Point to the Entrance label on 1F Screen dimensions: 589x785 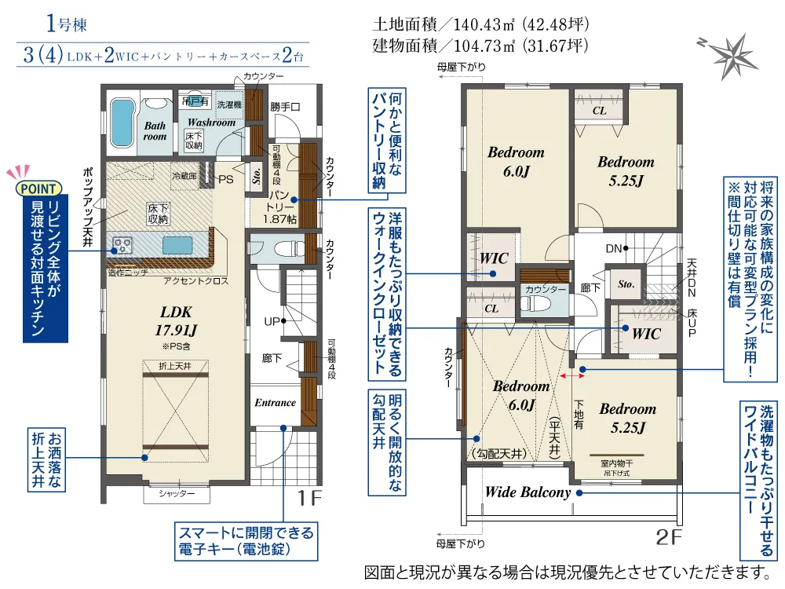coord(275,403)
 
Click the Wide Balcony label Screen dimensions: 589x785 coord(527,493)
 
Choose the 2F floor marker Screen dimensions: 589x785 coord(664,538)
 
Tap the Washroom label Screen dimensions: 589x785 coord(211,123)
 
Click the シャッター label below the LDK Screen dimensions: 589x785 coord(177,494)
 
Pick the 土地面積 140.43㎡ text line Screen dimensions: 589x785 coord(480,24)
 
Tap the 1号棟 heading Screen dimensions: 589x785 coord(67,24)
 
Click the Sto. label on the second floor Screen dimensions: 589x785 coord(626,284)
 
